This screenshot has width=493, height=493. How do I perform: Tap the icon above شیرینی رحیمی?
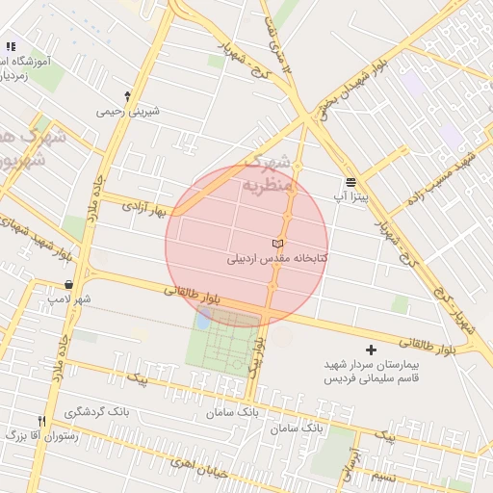[x=127, y=95]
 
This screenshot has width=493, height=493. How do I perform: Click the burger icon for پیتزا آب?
[x=351, y=181]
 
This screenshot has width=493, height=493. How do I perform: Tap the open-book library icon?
[x=277, y=244]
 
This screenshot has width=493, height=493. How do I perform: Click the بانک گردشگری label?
[x=96, y=412]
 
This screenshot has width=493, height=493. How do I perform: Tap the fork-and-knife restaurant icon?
[x=40, y=421]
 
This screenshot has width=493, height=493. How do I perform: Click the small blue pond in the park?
[x=204, y=318]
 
